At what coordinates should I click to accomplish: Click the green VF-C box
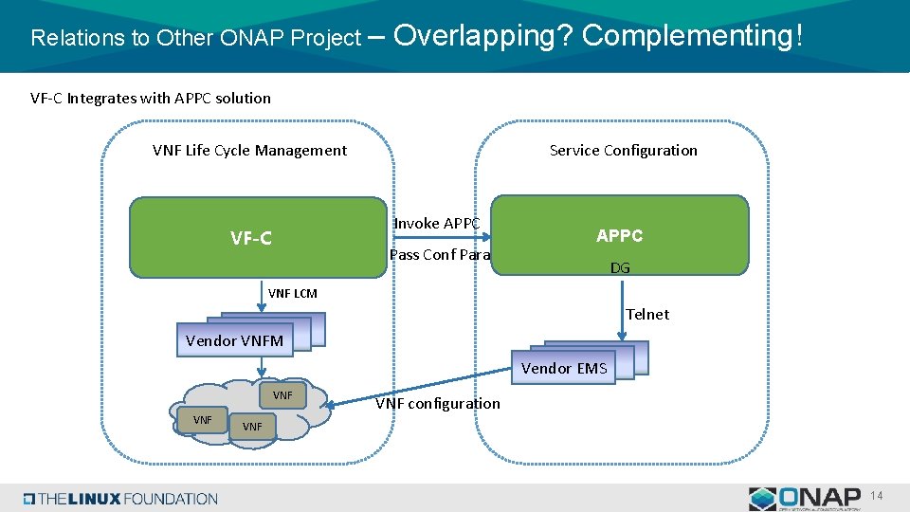point(250,237)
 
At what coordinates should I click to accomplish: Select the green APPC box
point(620,235)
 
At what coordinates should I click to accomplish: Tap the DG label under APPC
point(620,268)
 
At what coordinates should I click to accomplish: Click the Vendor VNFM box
point(235,340)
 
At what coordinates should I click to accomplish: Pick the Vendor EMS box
point(564,368)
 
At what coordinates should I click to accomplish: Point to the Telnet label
point(647,314)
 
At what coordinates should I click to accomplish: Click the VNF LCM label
point(293,293)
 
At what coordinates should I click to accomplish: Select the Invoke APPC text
point(437,223)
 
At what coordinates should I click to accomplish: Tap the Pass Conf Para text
point(440,254)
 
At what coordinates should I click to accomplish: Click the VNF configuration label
point(438,403)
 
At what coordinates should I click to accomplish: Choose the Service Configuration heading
point(623,150)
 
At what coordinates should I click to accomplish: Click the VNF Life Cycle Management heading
point(249,150)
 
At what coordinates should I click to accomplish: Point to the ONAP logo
point(805,499)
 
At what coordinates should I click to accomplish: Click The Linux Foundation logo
point(120,499)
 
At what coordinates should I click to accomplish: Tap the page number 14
point(877,496)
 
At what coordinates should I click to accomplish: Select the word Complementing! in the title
point(692,36)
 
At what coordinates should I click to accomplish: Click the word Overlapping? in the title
point(482,36)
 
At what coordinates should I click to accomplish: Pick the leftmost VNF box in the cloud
point(203,419)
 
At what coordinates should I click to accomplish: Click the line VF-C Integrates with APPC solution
point(151,98)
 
